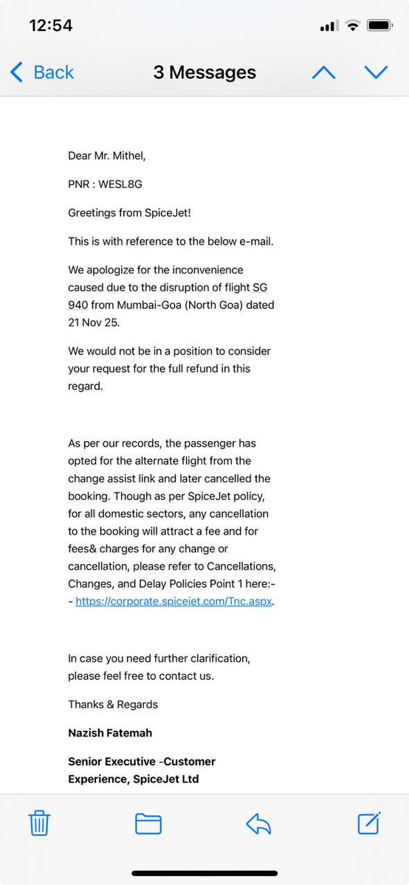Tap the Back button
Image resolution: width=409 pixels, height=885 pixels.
[x=42, y=72]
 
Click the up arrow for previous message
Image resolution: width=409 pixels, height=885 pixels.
[x=323, y=72]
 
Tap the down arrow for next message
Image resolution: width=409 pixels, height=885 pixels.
[x=376, y=72]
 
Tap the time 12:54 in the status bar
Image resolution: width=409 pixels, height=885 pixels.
[x=50, y=26]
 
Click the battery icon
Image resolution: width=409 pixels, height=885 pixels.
[x=379, y=26]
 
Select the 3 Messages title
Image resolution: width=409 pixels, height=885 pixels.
[x=205, y=72]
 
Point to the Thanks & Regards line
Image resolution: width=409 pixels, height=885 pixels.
[x=113, y=704]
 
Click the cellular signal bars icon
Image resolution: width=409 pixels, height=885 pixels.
[x=328, y=26]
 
